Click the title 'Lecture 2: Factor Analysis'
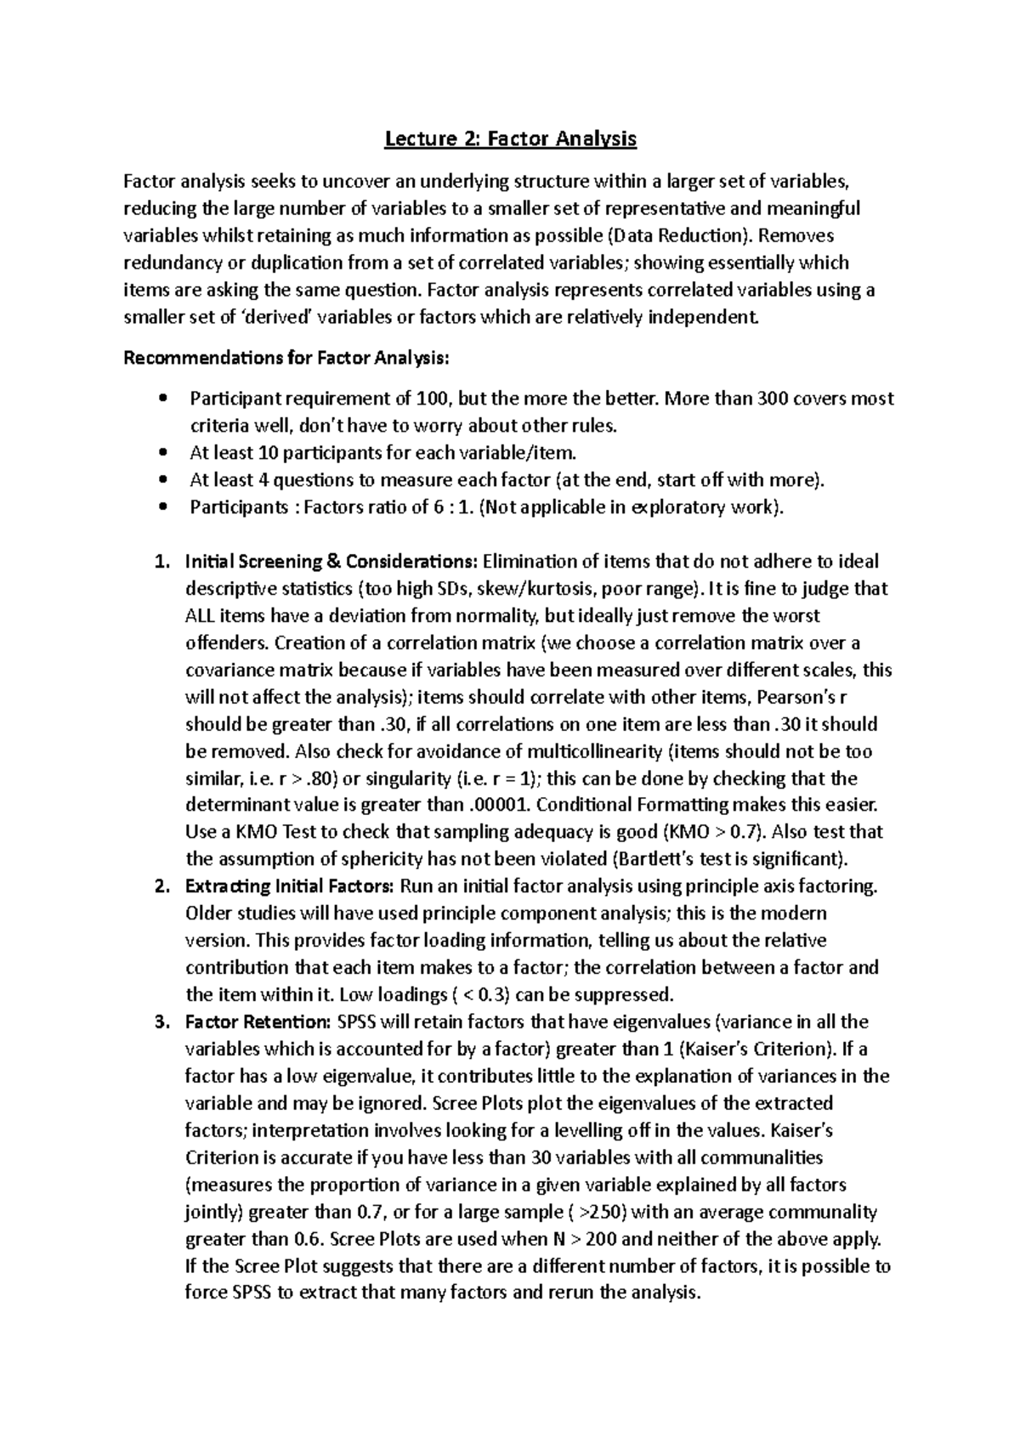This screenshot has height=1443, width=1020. (x=510, y=139)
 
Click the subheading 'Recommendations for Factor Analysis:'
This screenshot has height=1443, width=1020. (x=286, y=358)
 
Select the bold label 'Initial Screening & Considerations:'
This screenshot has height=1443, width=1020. (x=331, y=562)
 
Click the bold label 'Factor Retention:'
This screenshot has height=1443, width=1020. (x=258, y=1022)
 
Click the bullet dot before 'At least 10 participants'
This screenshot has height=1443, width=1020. (x=163, y=453)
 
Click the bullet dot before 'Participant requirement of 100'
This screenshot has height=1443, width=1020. (x=163, y=399)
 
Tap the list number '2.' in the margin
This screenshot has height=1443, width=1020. (x=162, y=886)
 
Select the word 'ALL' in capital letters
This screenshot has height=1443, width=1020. (x=201, y=616)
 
